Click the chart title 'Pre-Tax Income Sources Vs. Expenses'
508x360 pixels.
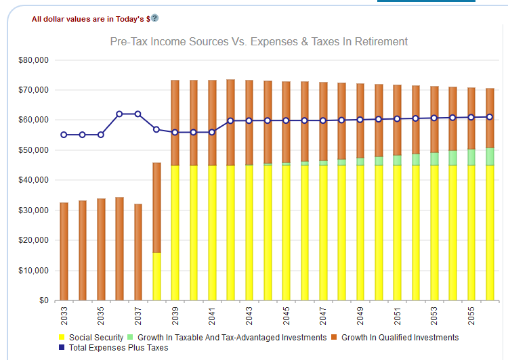pyautogui.click(x=259, y=42)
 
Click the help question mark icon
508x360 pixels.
pyautogui.click(x=154, y=18)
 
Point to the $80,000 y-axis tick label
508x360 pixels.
pyautogui.click(x=35, y=60)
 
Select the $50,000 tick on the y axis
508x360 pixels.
pyautogui.click(x=35, y=150)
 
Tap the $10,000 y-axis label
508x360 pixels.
pyautogui.click(x=35, y=270)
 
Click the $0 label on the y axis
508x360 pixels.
pyautogui.click(x=44, y=300)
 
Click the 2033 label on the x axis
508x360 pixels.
pyautogui.click(x=64, y=317)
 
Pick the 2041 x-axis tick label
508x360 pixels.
pyautogui.click(x=212, y=317)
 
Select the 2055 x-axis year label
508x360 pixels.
pyautogui.click(x=471, y=317)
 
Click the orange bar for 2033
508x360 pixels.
pyautogui.click(x=64, y=251)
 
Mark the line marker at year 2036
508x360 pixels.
pyautogui.click(x=119, y=114)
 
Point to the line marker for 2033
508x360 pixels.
pyautogui.click(x=64, y=135)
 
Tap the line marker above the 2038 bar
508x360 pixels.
pyautogui.click(x=156, y=129)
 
